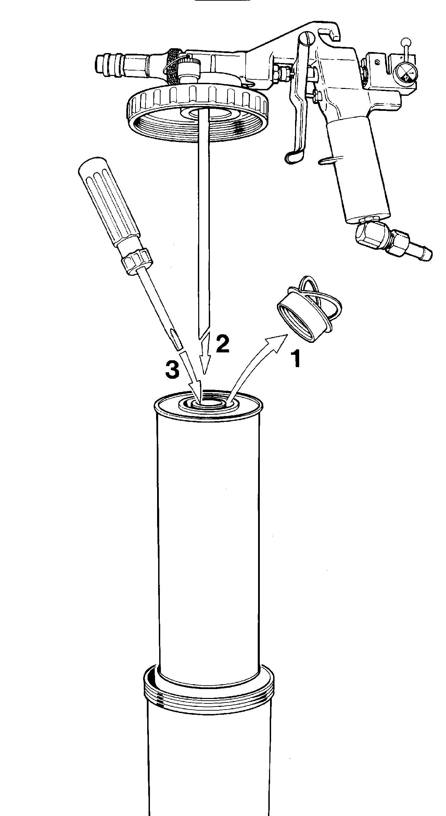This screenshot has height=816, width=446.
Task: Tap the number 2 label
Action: [222, 345]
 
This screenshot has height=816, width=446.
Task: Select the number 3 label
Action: [172, 370]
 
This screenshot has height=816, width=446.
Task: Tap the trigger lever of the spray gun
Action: [298, 103]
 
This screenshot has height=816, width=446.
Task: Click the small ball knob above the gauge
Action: [406, 41]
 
